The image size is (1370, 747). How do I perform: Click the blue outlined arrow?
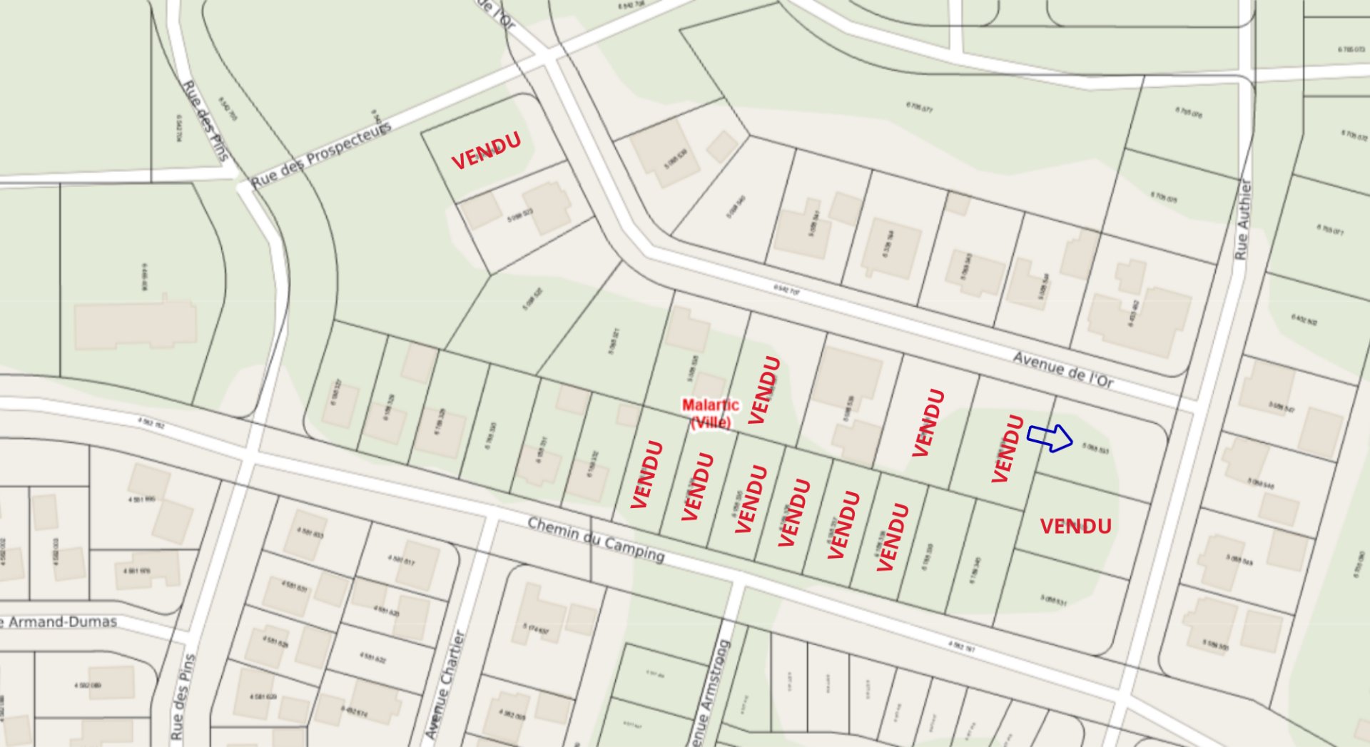click(x=1050, y=437)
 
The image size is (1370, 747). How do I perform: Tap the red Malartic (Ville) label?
click(x=710, y=414)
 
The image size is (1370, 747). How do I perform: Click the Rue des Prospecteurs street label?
click(x=321, y=156)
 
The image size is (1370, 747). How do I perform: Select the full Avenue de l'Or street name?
click(x=1062, y=370)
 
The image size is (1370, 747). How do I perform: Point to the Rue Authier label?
click(x=1243, y=220)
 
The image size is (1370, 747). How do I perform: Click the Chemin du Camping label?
click(x=596, y=539)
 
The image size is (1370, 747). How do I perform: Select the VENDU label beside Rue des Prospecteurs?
click(x=486, y=151)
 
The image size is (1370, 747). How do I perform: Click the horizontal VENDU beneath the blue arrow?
click(x=1075, y=527)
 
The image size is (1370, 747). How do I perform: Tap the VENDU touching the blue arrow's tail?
click(x=1008, y=449)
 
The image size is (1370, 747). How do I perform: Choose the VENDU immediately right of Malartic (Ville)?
click(x=763, y=390)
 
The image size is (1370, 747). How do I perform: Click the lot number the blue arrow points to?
click(x=1095, y=449)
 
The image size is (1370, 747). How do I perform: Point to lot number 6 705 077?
click(x=919, y=108)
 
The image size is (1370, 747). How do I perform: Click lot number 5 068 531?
click(x=1053, y=600)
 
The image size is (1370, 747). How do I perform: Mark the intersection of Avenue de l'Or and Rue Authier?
click(x=1188, y=405)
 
